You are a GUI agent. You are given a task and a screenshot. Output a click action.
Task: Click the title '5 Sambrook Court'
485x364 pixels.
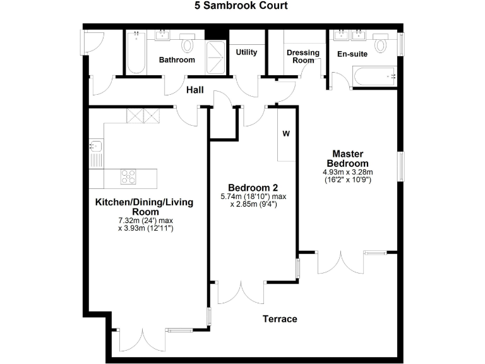[242, 6]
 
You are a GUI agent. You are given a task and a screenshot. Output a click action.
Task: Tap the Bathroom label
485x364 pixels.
[177, 60]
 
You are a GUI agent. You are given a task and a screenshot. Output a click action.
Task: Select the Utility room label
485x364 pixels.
[246, 52]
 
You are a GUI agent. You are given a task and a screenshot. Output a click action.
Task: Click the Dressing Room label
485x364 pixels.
[303, 56]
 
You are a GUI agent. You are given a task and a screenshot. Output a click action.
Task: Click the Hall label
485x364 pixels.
[195, 90]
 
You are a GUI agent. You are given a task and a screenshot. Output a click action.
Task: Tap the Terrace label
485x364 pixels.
[280, 319]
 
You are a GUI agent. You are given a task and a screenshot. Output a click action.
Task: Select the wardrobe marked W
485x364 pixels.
[286, 134]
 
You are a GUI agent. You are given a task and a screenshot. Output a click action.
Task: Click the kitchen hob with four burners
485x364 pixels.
[128, 176]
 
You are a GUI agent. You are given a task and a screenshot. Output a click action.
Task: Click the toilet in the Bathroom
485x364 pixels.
[188, 45]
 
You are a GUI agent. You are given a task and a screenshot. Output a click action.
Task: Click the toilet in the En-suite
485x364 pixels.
[381, 45]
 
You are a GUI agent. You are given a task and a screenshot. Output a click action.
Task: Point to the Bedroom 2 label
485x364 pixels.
[253, 188]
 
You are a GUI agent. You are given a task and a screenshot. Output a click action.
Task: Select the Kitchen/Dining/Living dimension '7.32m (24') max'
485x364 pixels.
[145, 220]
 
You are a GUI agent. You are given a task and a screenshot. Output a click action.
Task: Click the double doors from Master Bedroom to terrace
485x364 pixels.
[341, 262]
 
